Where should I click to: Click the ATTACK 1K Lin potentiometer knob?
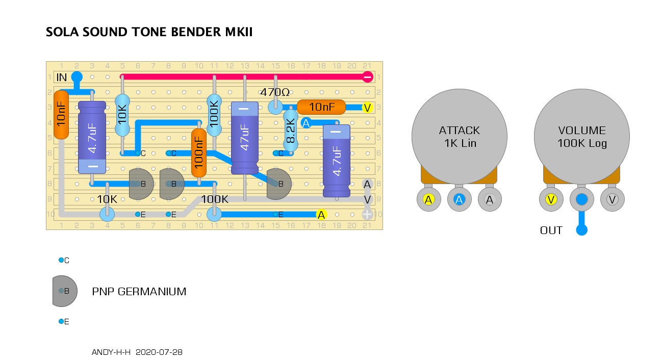[x=459, y=136]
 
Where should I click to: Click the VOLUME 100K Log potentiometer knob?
[x=581, y=136]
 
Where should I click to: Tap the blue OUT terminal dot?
[x=581, y=230]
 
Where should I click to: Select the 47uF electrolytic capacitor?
[x=245, y=138]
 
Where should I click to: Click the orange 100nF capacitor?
[x=199, y=153]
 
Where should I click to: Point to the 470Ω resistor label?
[x=275, y=93]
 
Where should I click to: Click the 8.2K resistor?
[x=291, y=131]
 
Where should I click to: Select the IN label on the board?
[x=62, y=78]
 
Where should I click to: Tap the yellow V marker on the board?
[x=367, y=108]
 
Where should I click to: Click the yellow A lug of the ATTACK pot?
[x=428, y=200]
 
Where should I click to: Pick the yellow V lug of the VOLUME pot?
[x=551, y=200]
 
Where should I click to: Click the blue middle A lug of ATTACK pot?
[x=459, y=200]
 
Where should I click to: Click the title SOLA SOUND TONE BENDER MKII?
[x=149, y=32]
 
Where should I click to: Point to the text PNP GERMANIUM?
[x=139, y=292]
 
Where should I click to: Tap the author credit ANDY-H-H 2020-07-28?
[x=137, y=352]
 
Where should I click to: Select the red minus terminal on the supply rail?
[x=367, y=77]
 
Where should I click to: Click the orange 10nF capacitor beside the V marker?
[x=321, y=107]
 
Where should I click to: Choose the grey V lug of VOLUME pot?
[x=612, y=200]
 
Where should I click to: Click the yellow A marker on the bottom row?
[x=321, y=215]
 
